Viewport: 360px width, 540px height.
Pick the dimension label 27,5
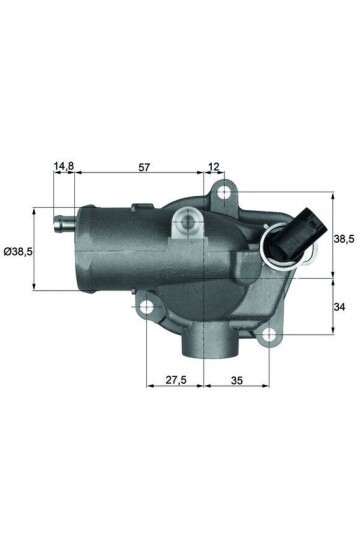175,381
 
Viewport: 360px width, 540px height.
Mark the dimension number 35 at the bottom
236,381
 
